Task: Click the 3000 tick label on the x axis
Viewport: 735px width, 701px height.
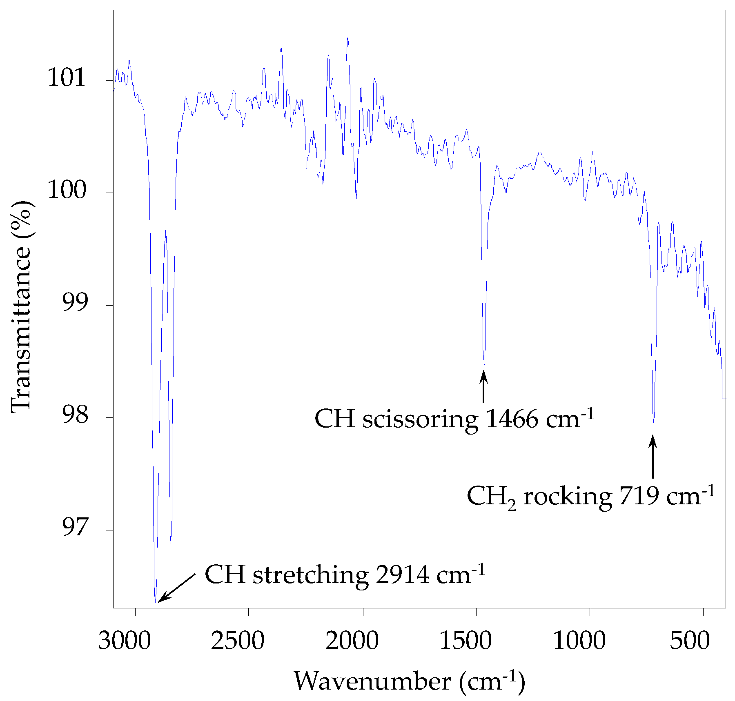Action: [x=124, y=641]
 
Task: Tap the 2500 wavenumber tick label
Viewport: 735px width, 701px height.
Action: [x=238, y=641]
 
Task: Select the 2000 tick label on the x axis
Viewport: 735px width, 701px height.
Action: [x=352, y=641]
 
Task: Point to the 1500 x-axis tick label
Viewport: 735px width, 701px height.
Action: [x=465, y=641]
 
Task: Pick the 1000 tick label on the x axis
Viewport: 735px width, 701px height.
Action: [x=579, y=641]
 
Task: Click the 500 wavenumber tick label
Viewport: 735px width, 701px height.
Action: [x=690, y=641]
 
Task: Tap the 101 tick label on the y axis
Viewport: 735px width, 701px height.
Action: [x=67, y=78]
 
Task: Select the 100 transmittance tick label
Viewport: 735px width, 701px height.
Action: [x=67, y=190]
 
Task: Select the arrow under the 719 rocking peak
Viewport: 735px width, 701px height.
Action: [x=653, y=457]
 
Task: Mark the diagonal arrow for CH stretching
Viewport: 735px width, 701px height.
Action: [x=176, y=588]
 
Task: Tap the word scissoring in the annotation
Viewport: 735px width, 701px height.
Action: [x=420, y=419]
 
